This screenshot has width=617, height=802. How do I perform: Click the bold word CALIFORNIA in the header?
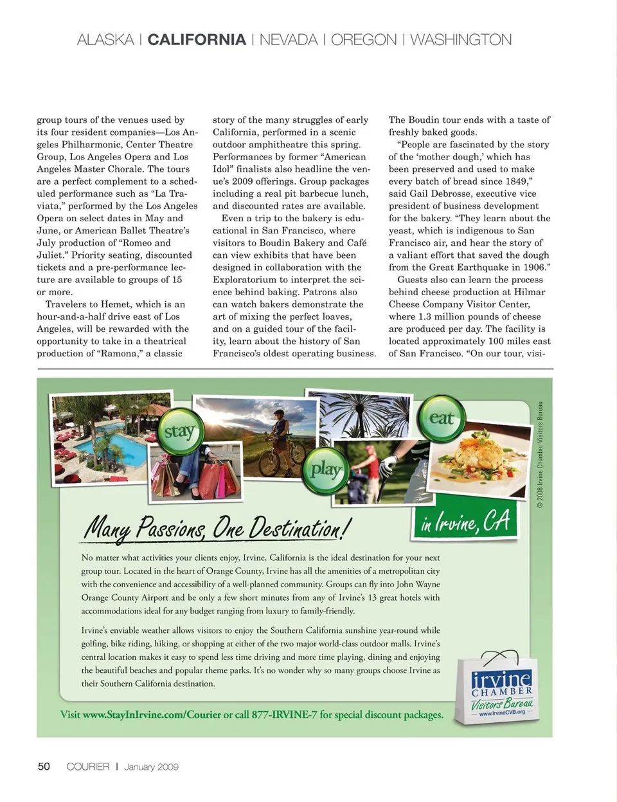coord(197,40)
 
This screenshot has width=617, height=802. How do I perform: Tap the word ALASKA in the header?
coord(105,40)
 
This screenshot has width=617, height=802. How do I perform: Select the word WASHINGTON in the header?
coord(461,40)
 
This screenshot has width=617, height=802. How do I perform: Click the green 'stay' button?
coord(178,431)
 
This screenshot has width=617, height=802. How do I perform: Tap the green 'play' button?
coord(325,469)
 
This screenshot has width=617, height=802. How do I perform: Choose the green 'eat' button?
coord(442,419)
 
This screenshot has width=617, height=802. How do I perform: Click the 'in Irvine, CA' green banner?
coord(465,520)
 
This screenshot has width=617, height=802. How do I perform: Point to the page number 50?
coord(44,767)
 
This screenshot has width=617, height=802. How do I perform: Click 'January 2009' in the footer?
coord(151,767)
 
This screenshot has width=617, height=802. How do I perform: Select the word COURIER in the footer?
coord(88,767)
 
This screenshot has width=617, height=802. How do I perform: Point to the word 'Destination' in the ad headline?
coord(296,528)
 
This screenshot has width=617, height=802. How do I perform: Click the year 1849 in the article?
coord(517,181)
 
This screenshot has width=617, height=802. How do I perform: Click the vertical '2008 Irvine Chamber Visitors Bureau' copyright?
coord(541,455)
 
